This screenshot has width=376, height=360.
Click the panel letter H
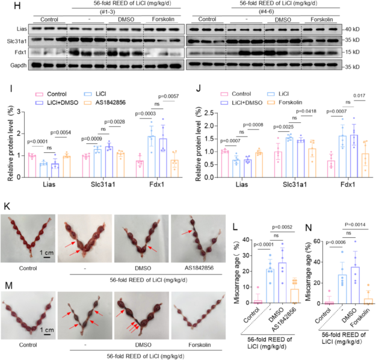tap(6, 5)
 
